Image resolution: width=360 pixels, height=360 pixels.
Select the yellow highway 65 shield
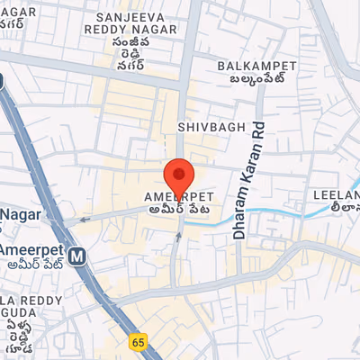(138, 341)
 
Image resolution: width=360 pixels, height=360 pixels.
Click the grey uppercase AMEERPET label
(178, 195)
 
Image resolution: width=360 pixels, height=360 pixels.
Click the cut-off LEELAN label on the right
(336, 194)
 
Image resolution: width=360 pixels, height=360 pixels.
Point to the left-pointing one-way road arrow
(84, 218)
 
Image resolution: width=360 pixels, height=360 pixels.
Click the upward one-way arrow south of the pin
(178, 237)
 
